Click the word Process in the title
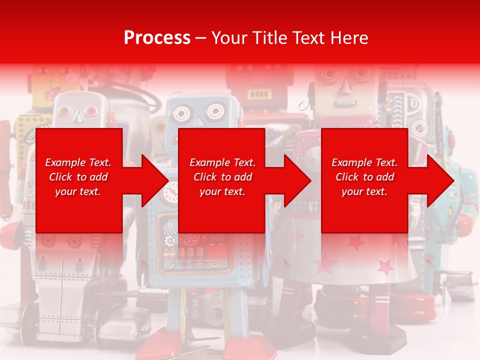[x=157, y=37]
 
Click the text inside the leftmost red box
[x=78, y=177]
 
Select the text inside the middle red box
[x=222, y=177]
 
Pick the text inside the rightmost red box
[x=364, y=177]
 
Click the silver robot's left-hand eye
[x=64, y=111]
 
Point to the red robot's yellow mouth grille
[x=258, y=94]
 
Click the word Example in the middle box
[x=207, y=162]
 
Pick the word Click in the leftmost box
[x=61, y=177]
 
